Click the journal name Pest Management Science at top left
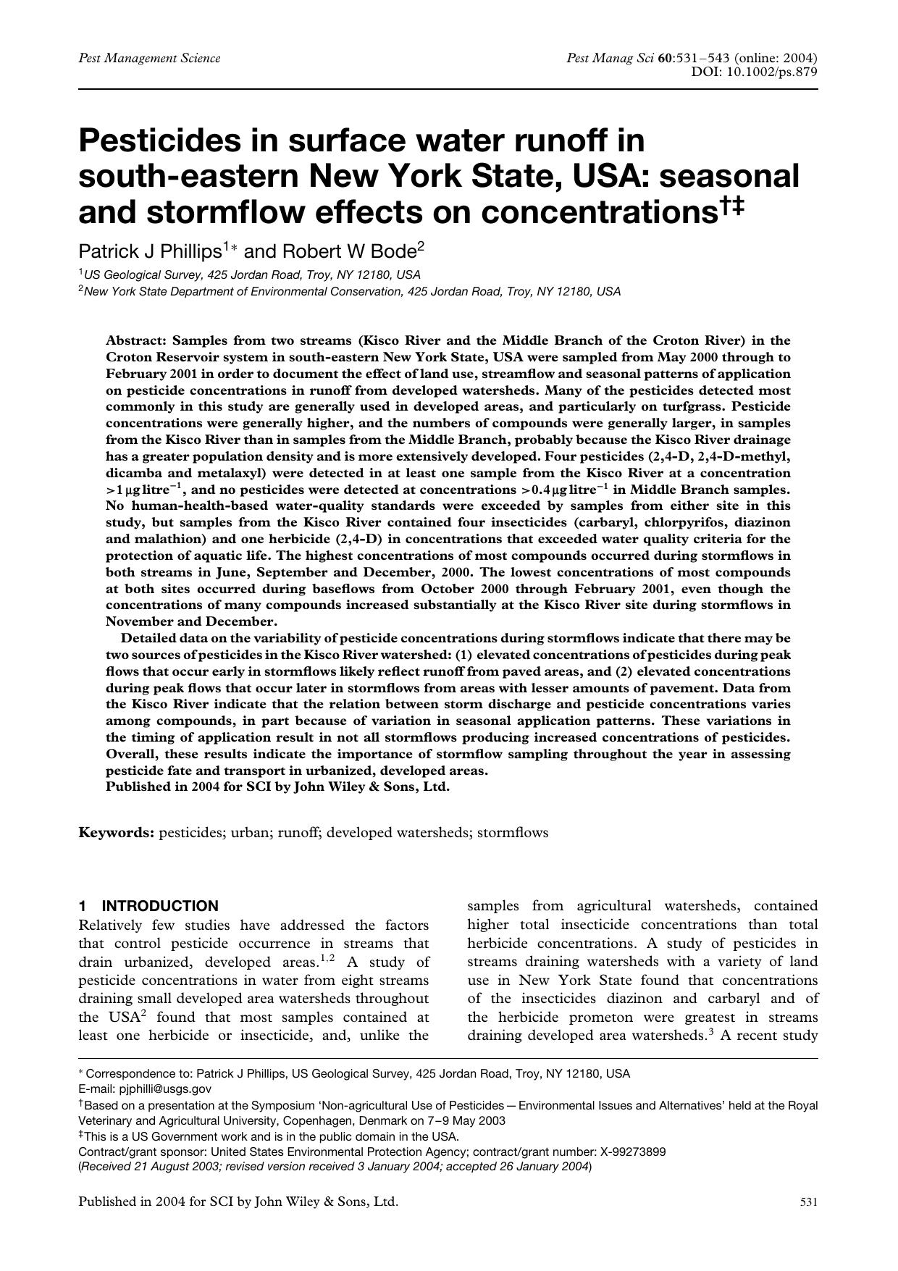point(149,58)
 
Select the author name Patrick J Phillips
point(150,251)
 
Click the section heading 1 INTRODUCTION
point(148,906)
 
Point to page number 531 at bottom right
point(809,1202)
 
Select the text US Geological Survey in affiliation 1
point(144,275)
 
